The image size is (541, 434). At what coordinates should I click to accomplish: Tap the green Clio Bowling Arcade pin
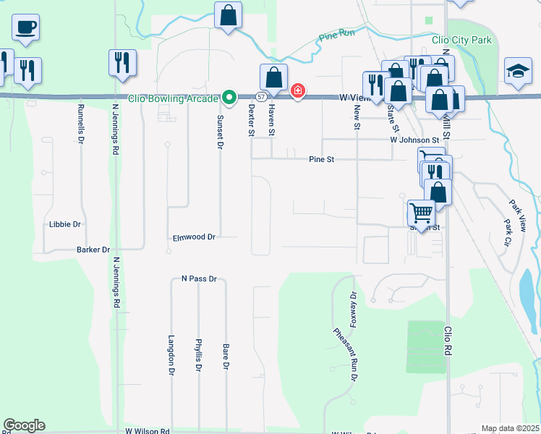point(229,96)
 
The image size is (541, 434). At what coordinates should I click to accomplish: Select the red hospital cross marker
point(297,91)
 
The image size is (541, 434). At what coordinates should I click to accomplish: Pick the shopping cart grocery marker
point(420,213)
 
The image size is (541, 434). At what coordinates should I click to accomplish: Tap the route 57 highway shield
point(260,96)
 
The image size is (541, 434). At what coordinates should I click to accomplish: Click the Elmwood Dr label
point(195,237)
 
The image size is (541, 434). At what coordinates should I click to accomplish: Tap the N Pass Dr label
point(199,278)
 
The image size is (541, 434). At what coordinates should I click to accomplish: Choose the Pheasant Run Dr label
point(346,354)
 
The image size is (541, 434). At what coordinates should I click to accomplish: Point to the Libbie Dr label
point(65,224)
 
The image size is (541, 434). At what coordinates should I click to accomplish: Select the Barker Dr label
point(93,250)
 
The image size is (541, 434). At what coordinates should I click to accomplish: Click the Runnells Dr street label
point(80,124)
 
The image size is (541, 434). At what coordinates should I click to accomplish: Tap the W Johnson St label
point(414,140)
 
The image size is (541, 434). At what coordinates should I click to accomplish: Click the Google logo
point(25,425)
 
